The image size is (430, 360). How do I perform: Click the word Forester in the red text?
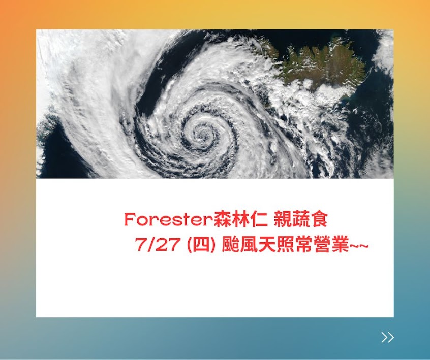click(x=169, y=220)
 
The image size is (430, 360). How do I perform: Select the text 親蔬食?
click(x=301, y=219)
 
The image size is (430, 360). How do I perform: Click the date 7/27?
click(x=158, y=245)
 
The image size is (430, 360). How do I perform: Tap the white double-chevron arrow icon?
click(x=387, y=337)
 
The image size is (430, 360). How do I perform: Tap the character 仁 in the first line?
click(x=258, y=219)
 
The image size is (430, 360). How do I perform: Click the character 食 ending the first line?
click(x=319, y=219)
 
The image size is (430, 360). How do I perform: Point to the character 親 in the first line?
click(x=283, y=219)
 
